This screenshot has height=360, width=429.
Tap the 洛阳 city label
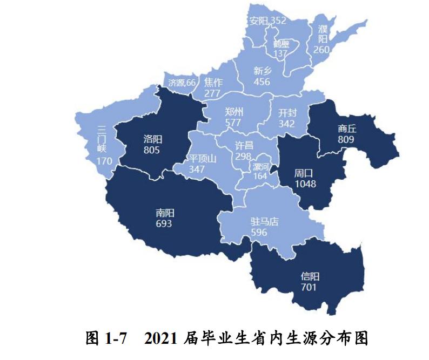click(152, 139)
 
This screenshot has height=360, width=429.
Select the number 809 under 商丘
click(346, 139)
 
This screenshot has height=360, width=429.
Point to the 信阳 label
click(310, 276)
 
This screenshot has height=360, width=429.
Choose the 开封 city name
click(287, 113)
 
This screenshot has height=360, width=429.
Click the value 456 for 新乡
click(262, 81)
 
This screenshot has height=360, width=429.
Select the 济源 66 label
click(182, 83)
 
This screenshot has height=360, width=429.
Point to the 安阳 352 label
click(267, 21)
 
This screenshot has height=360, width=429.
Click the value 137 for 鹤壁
click(280, 54)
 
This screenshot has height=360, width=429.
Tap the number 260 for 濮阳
click(321, 50)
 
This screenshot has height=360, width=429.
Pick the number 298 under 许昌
click(243, 156)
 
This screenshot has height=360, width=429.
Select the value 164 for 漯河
click(260, 176)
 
